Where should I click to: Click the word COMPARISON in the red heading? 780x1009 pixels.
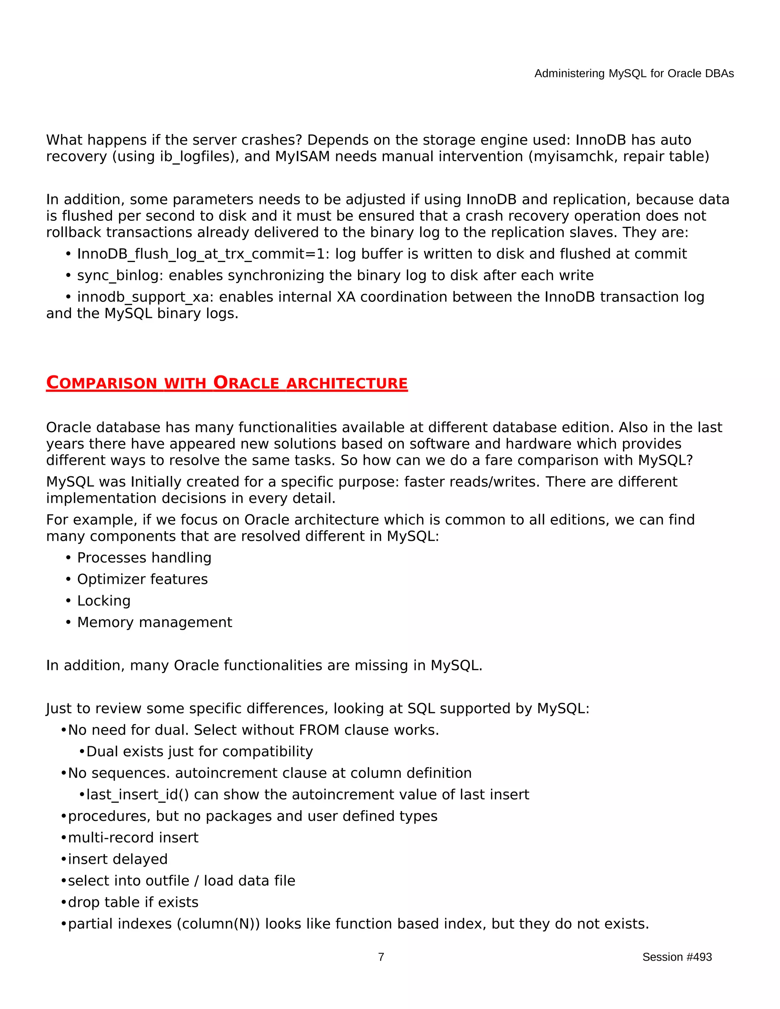click(x=102, y=383)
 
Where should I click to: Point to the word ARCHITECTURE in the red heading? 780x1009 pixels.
click(x=347, y=383)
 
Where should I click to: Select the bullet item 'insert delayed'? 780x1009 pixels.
click(x=117, y=859)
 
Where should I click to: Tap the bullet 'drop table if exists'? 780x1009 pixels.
click(x=133, y=902)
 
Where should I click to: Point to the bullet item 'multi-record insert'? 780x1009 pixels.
click(x=133, y=838)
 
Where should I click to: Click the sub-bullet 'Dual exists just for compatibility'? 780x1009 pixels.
click(x=199, y=752)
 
